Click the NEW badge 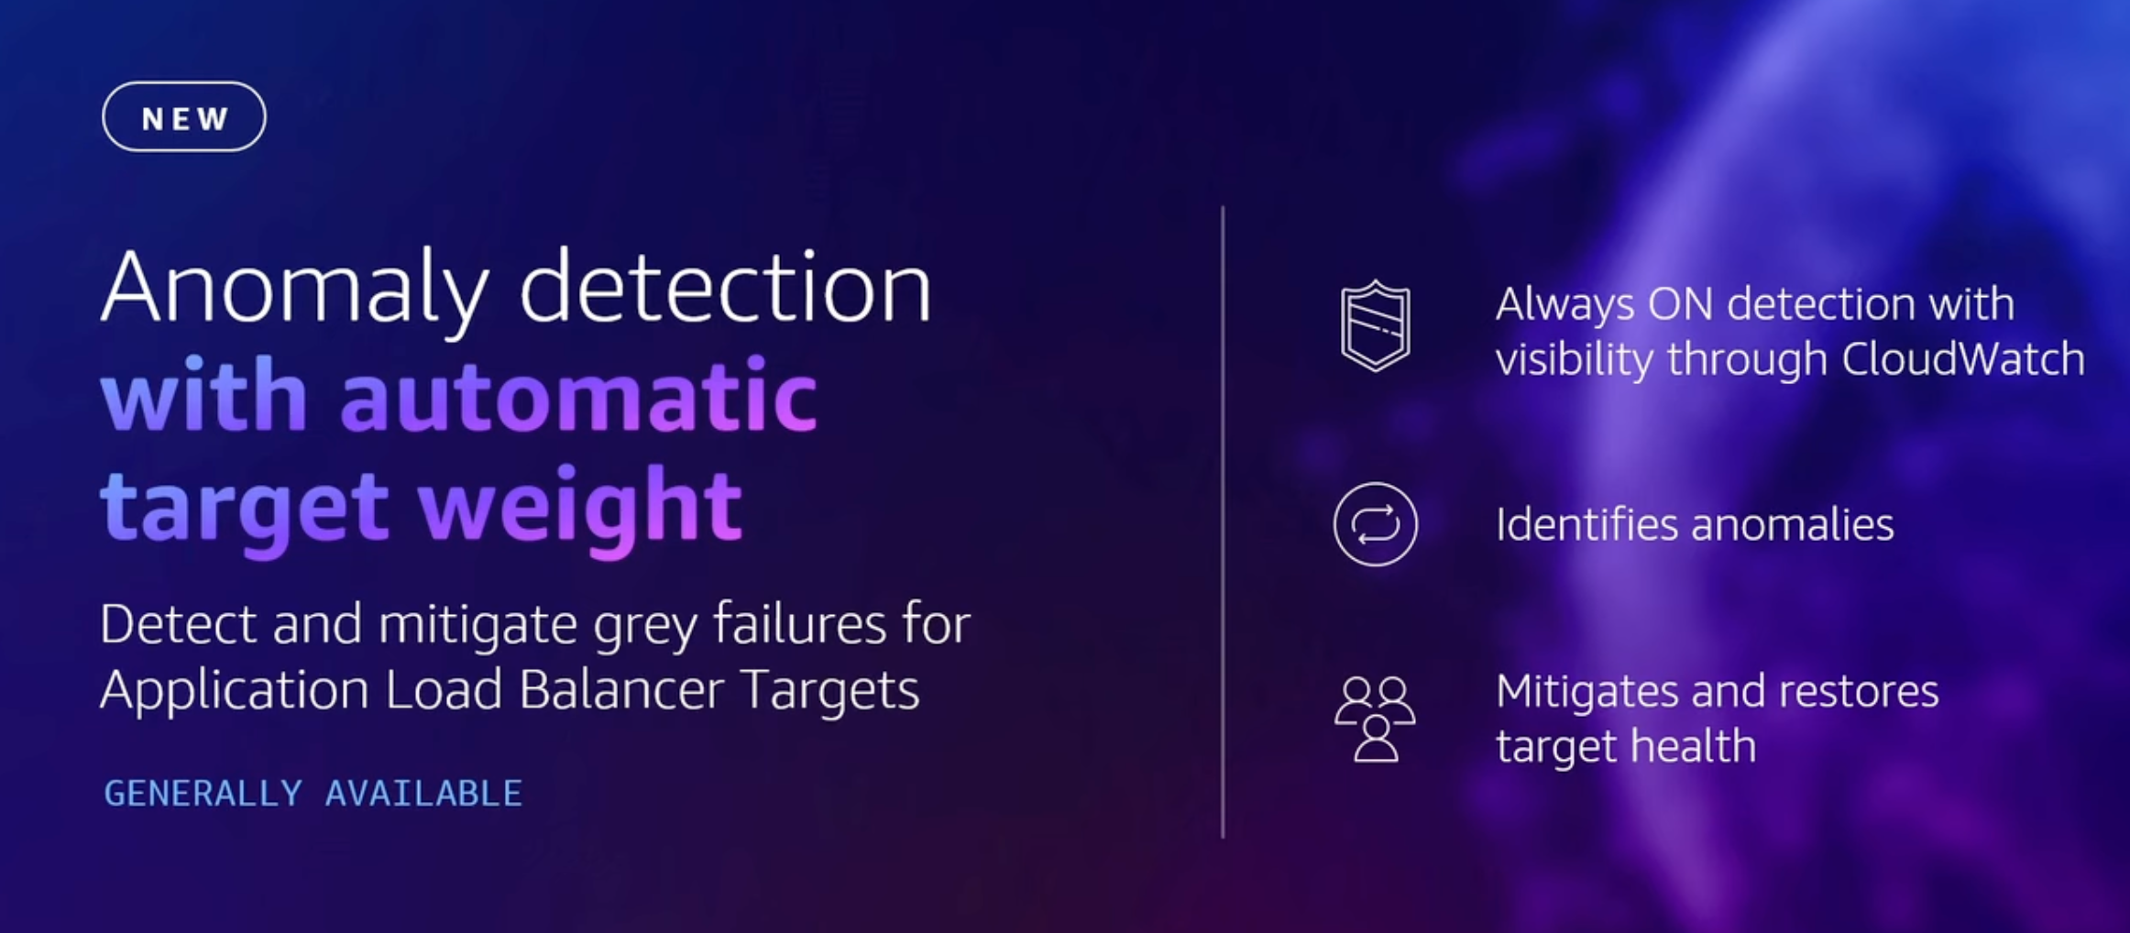[x=184, y=117]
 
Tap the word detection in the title [x=726, y=286]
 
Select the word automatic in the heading [x=578, y=396]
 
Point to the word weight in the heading [x=580, y=507]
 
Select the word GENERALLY [x=203, y=794]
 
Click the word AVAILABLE [x=423, y=794]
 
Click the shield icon [x=1375, y=326]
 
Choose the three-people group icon [x=1375, y=719]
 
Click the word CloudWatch [x=1963, y=358]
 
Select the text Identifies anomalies [x=1695, y=525]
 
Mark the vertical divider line [x=1223, y=521]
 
